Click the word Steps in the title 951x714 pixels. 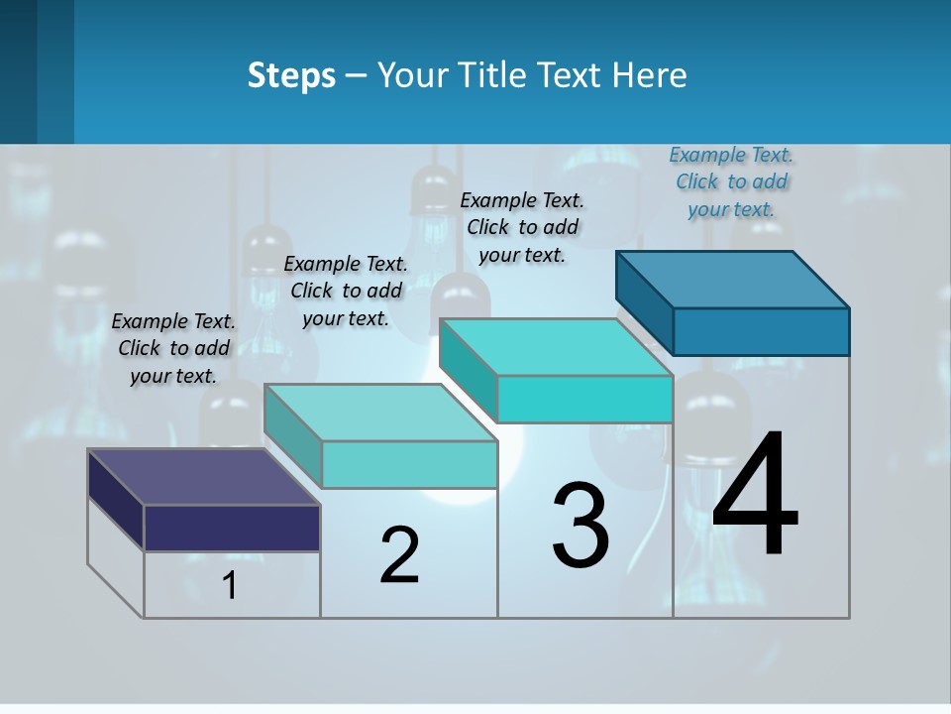291,76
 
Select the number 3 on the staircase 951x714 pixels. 581,526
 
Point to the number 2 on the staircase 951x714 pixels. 400,555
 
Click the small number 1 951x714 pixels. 229,585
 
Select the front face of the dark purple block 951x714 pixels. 232,528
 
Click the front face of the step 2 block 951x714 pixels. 409,464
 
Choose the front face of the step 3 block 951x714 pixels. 584,399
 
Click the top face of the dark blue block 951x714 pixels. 733,279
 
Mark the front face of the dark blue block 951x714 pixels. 761,331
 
